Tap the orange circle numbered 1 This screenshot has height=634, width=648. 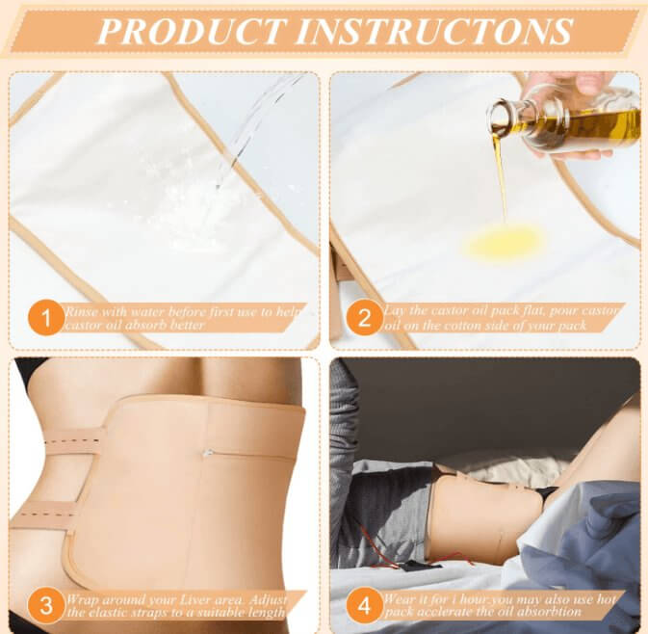(x=46, y=319)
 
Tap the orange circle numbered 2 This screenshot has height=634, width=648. (x=364, y=319)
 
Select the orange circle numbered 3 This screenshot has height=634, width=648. (x=46, y=606)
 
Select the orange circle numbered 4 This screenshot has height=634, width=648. (x=364, y=606)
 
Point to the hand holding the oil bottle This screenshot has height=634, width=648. (x=579, y=116)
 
